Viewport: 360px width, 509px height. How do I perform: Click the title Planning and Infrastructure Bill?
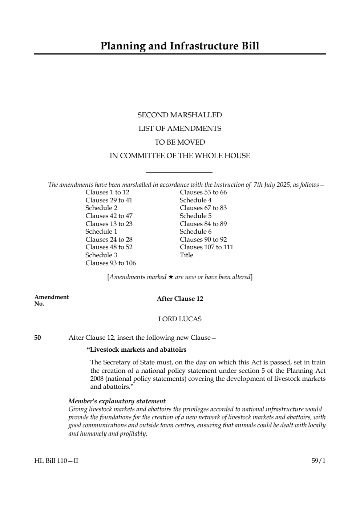pyautogui.click(x=180, y=46)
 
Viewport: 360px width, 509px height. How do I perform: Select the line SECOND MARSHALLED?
pyautogui.click(x=179, y=115)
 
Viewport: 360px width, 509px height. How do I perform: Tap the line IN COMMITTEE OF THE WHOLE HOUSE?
pyautogui.click(x=179, y=156)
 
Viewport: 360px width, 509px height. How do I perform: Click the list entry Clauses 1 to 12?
pyautogui.click(x=107, y=192)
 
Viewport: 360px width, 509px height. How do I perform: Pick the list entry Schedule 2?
pyautogui.click(x=101, y=208)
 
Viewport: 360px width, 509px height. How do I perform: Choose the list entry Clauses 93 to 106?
pyautogui.click(x=110, y=263)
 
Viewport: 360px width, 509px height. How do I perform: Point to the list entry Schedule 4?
pyautogui.click(x=195, y=200)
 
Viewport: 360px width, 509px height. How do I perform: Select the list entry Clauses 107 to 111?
pyautogui.click(x=206, y=247)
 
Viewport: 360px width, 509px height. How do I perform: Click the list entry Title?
pyautogui.click(x=186, y=255)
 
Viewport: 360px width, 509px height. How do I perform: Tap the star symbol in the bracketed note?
pyautogui.click(x=171, y=277)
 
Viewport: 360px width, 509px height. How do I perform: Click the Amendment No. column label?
pyautogui.click(x=51, y=300)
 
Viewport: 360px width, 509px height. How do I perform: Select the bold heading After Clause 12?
pyautogui.click(x=180, y=299)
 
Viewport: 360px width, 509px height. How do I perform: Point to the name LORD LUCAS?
pyautogui.click(x=180, y=319)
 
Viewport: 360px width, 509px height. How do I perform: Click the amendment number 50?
pyautogui.click(x=37, y=338)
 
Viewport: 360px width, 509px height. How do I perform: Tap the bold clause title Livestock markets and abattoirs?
pyautogui.click(x=137, y=350)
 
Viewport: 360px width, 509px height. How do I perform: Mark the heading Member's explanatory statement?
pyautogui.click(x=117, y=401)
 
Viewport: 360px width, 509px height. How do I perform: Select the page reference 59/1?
pyautogui.click(x=319, y=461)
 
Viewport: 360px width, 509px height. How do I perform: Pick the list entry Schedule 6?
pyautogui.click(x=195, y=231)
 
